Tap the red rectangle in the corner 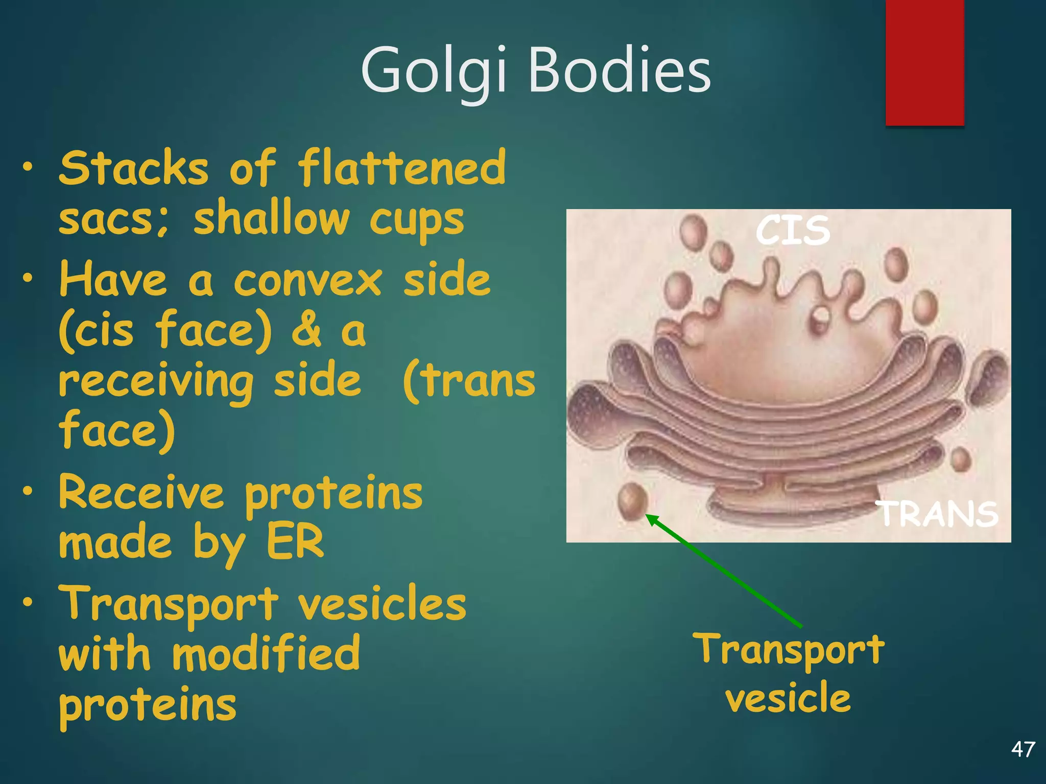(924, 61)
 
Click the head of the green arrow (650, 519)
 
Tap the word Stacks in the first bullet (134, 168)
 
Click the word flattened (402, 168)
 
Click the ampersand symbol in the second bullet (306, 331)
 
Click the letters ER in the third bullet (295, 542)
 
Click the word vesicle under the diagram (788, 698)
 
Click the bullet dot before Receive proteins (28, 491)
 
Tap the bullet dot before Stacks (28, 166)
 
